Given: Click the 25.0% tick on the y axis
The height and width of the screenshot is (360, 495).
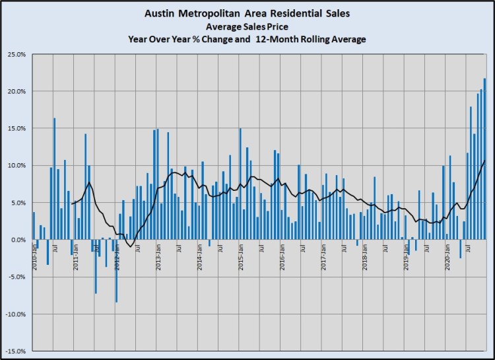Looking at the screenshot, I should coord(15,54).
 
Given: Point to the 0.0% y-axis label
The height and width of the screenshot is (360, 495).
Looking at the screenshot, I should coord(17,239).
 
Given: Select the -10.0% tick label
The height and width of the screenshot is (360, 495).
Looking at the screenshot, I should coord(15,314).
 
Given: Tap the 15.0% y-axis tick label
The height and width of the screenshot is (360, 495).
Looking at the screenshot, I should coord(15,128).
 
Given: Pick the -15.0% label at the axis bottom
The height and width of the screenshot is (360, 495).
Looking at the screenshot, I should coord(15,351).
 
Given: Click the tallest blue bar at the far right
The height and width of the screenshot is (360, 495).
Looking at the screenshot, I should coord(484,159).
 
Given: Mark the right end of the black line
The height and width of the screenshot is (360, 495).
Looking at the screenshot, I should coord(484,161).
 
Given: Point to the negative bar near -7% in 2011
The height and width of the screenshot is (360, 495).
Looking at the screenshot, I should coord(96,266).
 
